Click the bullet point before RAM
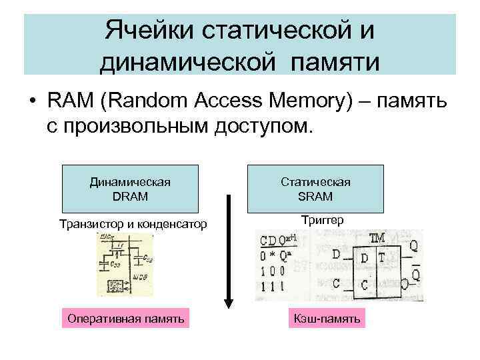[31, 102]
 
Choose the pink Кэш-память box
[327, 319]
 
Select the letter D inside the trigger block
[364, 258]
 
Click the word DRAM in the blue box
[130, 197]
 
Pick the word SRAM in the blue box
[316, 197]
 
